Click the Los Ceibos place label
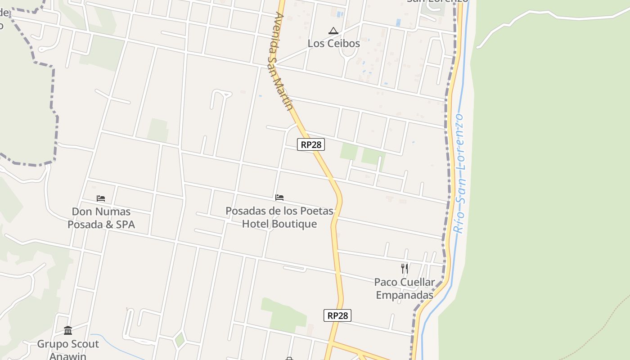pos(333,44)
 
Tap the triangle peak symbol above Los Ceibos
pos(333,31)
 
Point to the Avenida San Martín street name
pos(283,61)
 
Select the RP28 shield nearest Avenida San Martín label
pos(310,144)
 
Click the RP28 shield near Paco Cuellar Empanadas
pos(337,315)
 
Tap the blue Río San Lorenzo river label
pos(459,173)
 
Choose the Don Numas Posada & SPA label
pos(101,218)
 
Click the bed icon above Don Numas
pos(101,198)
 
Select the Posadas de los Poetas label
pos(279,217)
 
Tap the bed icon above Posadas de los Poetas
pos(279,197)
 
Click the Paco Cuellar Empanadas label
pos(405,288)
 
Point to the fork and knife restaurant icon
pos(405,269)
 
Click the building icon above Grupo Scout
pos(68,331)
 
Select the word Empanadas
pos(405,295)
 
